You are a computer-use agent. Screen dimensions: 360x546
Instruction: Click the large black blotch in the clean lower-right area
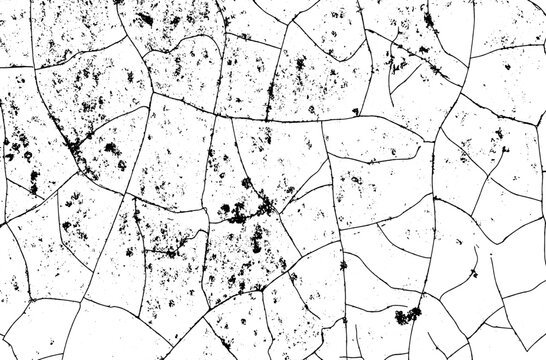[x=406, y=317]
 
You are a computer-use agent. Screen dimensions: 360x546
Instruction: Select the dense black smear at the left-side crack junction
[x=75, y=150]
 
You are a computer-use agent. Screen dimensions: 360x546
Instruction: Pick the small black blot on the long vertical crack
[x=343, y=265]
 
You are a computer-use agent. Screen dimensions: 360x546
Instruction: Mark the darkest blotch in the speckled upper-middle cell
[x=299, y=65]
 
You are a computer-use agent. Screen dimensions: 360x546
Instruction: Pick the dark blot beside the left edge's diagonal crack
[x=15, y=150]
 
